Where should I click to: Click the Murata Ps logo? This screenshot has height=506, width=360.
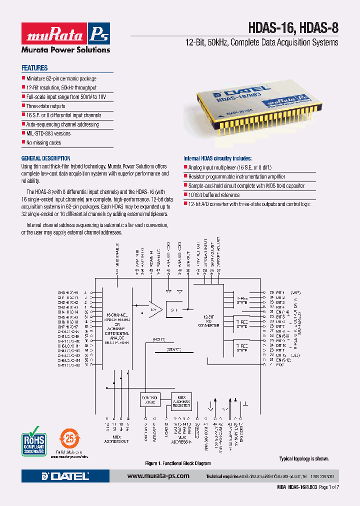(65, 34)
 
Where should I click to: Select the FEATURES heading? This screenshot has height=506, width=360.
(34, 68)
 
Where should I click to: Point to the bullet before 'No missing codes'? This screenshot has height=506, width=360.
(23, 142)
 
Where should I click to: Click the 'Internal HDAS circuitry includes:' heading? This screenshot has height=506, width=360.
(214, 158)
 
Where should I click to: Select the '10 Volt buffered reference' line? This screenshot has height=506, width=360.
(213, 195)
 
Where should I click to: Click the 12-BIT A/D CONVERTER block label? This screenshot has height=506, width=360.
(209, 322)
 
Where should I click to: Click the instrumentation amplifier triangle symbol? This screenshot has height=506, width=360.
(153, 310)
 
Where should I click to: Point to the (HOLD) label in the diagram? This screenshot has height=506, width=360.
(159, 339)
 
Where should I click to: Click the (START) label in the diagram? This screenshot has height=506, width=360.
(173, 349)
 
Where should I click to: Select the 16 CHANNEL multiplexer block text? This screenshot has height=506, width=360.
(117, 330)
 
